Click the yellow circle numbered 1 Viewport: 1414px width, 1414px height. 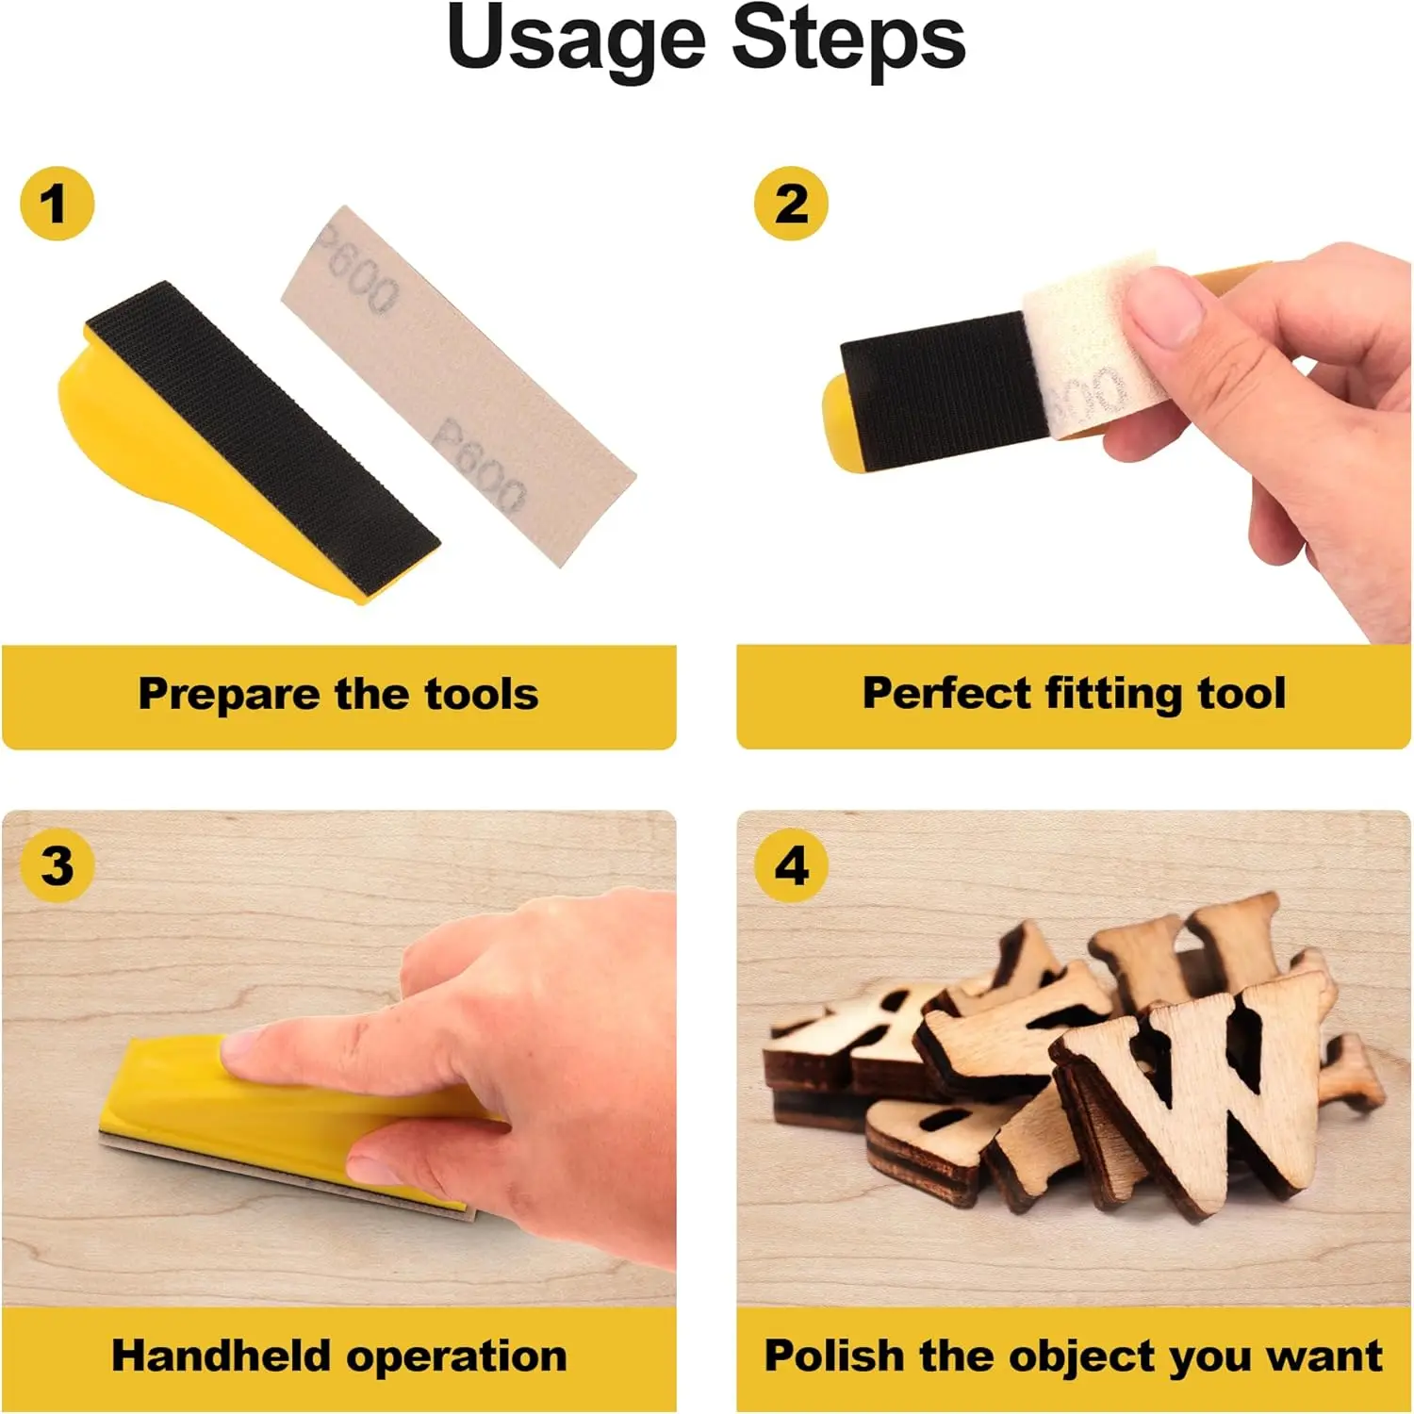coord(57,204)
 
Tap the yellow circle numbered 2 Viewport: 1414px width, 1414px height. coord(792,204)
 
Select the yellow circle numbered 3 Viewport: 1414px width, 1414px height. coord(57,865)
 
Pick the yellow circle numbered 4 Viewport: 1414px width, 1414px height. coord(792,865)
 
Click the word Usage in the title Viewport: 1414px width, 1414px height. coord(576,40)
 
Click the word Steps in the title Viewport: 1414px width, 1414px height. coord(848,40)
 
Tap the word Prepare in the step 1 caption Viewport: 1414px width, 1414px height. coord(229,695)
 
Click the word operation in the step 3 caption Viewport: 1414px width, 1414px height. coord(456,1357)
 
